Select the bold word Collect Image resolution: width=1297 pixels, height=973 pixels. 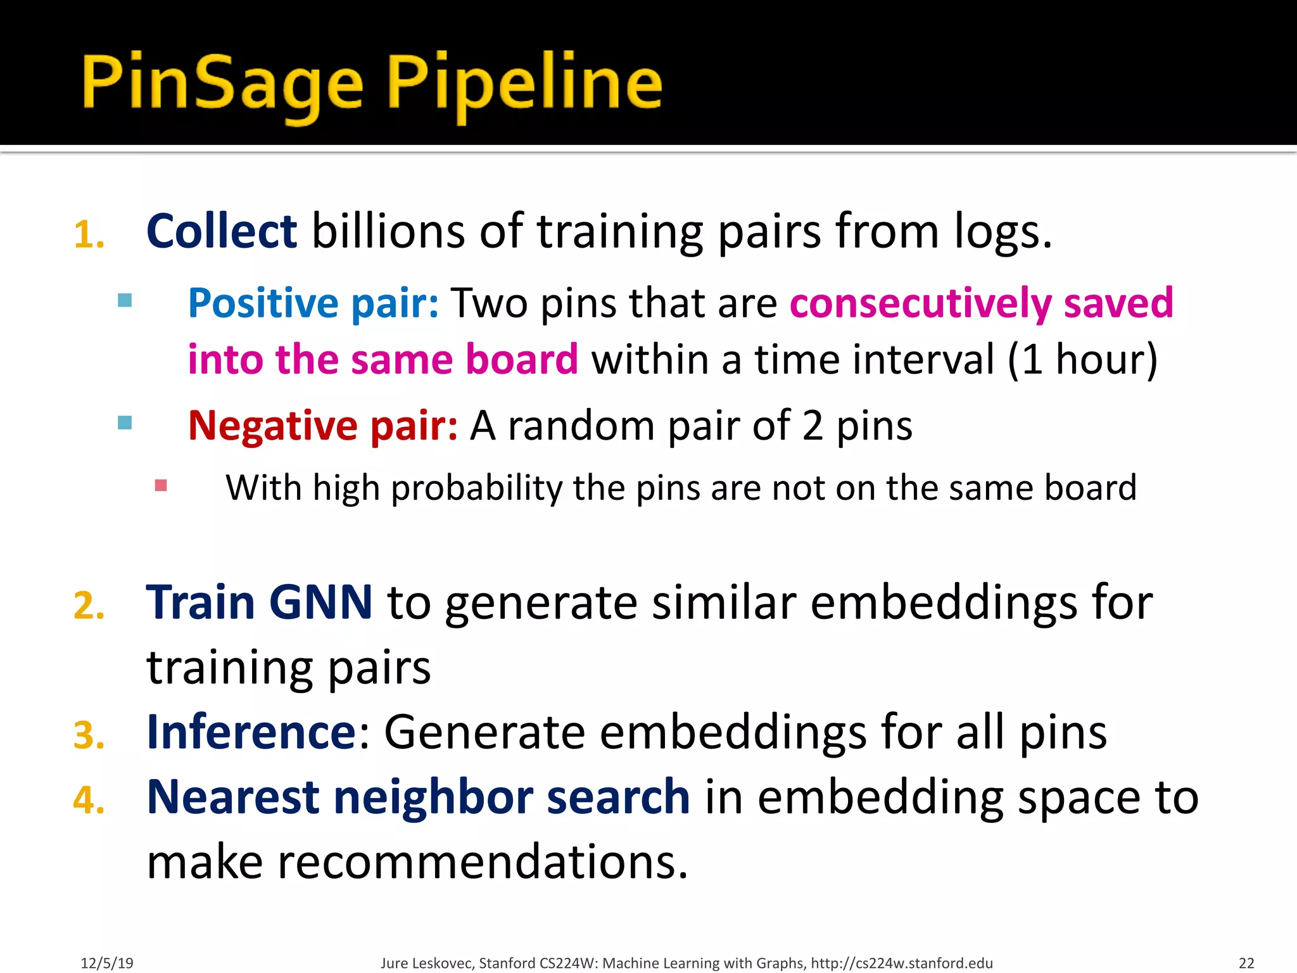coord(221,231)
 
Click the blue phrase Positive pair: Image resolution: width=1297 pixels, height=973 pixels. coord(313,303)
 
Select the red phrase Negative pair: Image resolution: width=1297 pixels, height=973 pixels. coord(322,425)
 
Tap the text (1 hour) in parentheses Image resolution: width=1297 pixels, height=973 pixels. coord(1082,359)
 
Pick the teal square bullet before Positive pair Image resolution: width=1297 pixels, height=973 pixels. coord(125,300)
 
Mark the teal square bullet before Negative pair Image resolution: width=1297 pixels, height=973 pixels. coord(125,423)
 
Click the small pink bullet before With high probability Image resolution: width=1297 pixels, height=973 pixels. coord(161,485)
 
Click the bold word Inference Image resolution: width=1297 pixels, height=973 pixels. coord(251,732)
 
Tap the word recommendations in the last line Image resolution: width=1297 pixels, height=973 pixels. coord(482,862)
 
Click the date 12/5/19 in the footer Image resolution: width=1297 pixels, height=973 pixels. coord(107,963)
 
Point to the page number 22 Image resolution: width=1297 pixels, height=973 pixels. coord(1246,963)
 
